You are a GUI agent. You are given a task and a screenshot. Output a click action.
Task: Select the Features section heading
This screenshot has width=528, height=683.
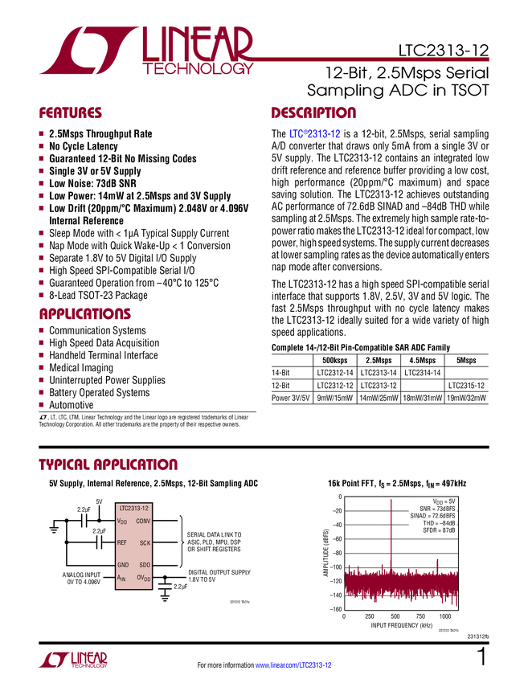click(70, 113)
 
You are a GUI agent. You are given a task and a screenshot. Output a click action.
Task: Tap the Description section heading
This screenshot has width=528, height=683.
click(313, 113)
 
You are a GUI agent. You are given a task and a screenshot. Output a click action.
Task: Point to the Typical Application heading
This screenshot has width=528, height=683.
click(108, 464)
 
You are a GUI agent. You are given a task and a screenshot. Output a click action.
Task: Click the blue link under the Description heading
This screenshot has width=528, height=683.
click(315, 134)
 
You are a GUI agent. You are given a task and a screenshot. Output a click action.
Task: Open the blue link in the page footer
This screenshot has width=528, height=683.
click(293, 665)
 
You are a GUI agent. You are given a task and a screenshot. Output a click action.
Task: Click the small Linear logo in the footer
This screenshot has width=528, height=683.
click(72, 659)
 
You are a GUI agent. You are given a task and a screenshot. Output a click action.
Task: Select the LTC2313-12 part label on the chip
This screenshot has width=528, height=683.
click(133, 509)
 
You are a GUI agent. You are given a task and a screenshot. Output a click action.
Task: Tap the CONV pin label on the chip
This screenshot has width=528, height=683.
click(143, 521)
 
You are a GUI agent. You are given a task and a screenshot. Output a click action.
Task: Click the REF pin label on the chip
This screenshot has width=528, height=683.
click(122, 543)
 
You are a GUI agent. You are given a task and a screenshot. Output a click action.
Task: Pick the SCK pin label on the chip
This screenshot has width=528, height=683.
click(145, 543)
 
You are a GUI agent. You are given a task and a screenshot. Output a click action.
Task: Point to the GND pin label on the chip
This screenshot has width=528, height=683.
click(123, 565)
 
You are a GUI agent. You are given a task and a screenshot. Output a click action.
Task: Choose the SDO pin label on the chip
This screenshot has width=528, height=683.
click(145, 565)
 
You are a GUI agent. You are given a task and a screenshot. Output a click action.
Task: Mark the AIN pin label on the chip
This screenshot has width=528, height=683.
click(122, 578)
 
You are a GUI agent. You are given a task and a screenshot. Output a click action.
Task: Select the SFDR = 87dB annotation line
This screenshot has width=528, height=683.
click(439, 531)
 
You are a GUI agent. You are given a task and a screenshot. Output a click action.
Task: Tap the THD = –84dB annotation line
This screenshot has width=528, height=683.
click(439, 523)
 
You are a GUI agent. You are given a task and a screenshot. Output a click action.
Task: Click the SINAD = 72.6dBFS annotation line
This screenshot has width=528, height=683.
click(432, 516)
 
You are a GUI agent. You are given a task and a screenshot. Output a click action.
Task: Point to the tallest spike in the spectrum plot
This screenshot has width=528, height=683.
click(391, 530)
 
